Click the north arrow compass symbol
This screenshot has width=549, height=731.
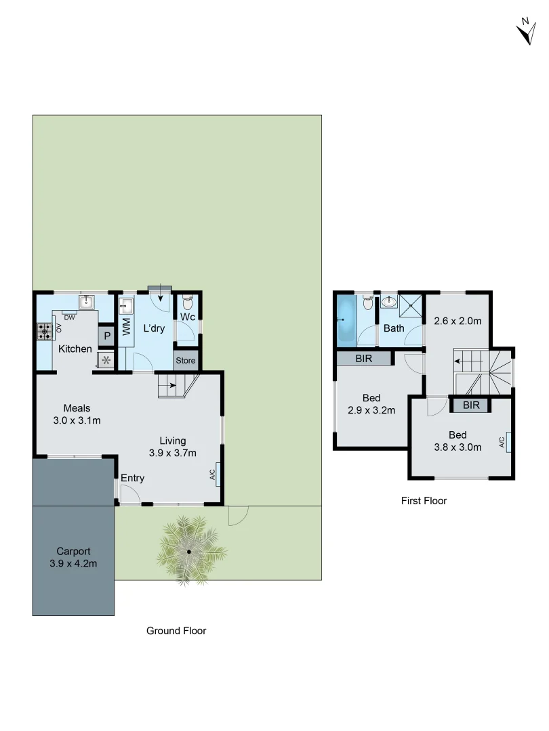coord(525,32)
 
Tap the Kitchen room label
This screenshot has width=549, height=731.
coord(75,349)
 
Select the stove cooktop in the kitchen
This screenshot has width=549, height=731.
coord(45,332)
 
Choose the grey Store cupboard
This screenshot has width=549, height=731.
coord(185,360)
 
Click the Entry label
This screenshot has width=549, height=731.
coord(132,479)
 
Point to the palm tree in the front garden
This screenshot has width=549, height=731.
coord(189,550)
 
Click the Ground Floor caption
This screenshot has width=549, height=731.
coord(176,631)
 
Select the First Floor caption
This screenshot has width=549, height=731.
coord(424,501)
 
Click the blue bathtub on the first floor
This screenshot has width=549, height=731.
coord(346,319)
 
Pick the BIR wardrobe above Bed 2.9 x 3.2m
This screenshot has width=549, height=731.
coord(363,358)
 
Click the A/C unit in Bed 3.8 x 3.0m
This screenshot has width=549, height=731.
coord(508,442)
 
